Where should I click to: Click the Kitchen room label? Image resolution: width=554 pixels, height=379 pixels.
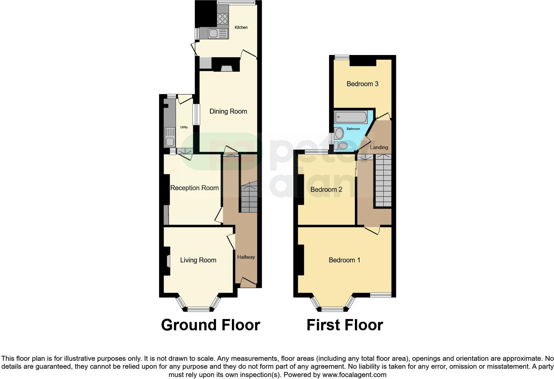[241, 27]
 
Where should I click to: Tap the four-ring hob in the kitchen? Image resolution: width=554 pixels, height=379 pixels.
[223, 19]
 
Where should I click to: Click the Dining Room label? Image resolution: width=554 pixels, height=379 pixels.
[228, 111]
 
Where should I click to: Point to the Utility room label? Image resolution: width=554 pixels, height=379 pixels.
[184, 127]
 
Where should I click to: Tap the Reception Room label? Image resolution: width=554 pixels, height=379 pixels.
[194, 188]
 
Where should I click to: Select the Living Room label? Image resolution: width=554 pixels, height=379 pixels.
[198, 260]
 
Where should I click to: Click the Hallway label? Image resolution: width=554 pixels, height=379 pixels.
[246, 257]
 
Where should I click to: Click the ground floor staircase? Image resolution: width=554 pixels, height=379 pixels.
[249, 199]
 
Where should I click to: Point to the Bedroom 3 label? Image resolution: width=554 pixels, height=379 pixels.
[362, 84]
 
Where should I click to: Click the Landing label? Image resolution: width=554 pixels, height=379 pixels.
[379, 147]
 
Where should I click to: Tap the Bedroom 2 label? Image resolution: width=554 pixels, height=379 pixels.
[326, 189]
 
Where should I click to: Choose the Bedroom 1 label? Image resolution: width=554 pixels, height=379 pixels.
[344, 260]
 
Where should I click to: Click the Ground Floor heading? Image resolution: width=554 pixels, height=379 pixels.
[210, 325]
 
